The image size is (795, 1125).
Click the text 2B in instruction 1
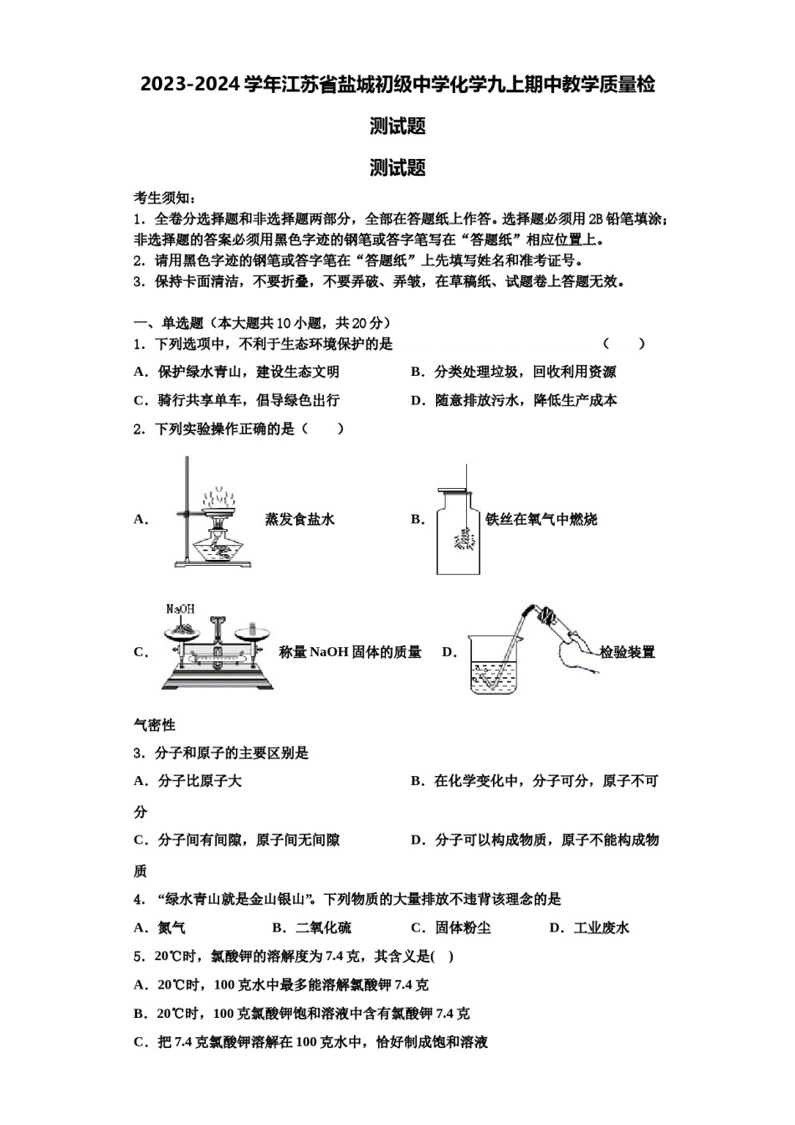596,219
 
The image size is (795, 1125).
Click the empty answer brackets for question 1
624,343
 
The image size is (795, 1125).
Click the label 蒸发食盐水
300,519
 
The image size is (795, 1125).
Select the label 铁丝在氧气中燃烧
541,519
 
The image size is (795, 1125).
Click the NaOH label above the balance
181,609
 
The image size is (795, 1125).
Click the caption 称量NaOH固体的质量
350,652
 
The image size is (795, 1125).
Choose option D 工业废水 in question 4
601,927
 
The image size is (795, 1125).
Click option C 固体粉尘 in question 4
462,927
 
